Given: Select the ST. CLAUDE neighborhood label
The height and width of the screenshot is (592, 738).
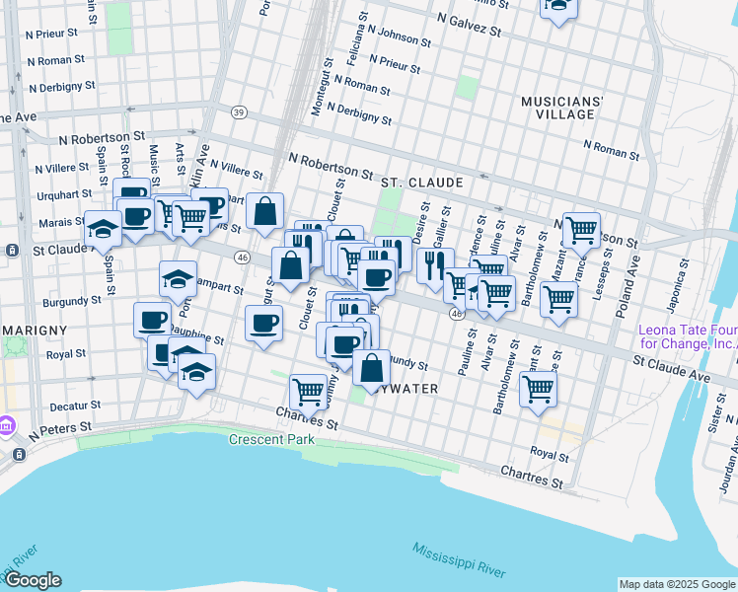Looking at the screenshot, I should (x=421, y=183).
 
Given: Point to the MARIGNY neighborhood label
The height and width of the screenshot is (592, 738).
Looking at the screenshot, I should (x=34, y=329).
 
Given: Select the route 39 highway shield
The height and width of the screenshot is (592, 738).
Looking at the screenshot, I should (x=239, y=112).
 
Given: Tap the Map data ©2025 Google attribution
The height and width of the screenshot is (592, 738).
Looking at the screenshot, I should (x=677, y=584).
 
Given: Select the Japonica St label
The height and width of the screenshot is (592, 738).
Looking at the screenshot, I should (x=681, y=278).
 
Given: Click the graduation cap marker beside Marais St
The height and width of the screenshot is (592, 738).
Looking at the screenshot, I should (x=103, y=229).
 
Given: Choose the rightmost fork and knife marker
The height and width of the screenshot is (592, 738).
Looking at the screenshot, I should (x=434, y=264).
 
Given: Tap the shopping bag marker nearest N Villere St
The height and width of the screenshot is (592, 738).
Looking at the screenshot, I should (x=265, y=210).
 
